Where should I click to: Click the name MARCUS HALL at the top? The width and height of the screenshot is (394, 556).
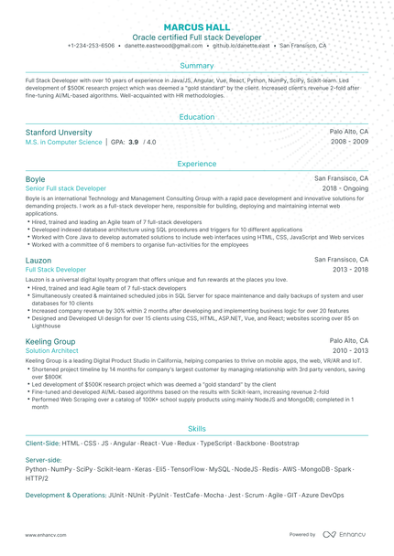click(197, 27)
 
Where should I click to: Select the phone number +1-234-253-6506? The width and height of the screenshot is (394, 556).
click(91, 45)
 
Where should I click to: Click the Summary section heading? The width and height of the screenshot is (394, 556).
click(197, 66)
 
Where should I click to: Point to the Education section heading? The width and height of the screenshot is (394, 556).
click(197, 117)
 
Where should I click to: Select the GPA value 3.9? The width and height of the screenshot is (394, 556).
click(133, 143)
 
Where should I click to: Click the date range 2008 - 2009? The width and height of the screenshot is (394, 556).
click(350, 143)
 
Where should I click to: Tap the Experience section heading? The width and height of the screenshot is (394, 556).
click(197, 164)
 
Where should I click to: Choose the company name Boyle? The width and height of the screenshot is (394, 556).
click(35, 179)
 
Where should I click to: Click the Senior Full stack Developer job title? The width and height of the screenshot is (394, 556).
click(65, 188)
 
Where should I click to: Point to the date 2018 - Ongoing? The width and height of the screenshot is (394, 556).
click(345, 188)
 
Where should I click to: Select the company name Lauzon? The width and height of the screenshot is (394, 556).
click(38, 261)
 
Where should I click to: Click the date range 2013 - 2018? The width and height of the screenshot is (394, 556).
click(350, 270)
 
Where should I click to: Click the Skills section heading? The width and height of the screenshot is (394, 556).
click(197, 428)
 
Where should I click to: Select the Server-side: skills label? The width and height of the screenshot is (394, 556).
click(44, 459)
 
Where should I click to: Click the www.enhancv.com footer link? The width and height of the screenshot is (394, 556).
click(42, 534)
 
